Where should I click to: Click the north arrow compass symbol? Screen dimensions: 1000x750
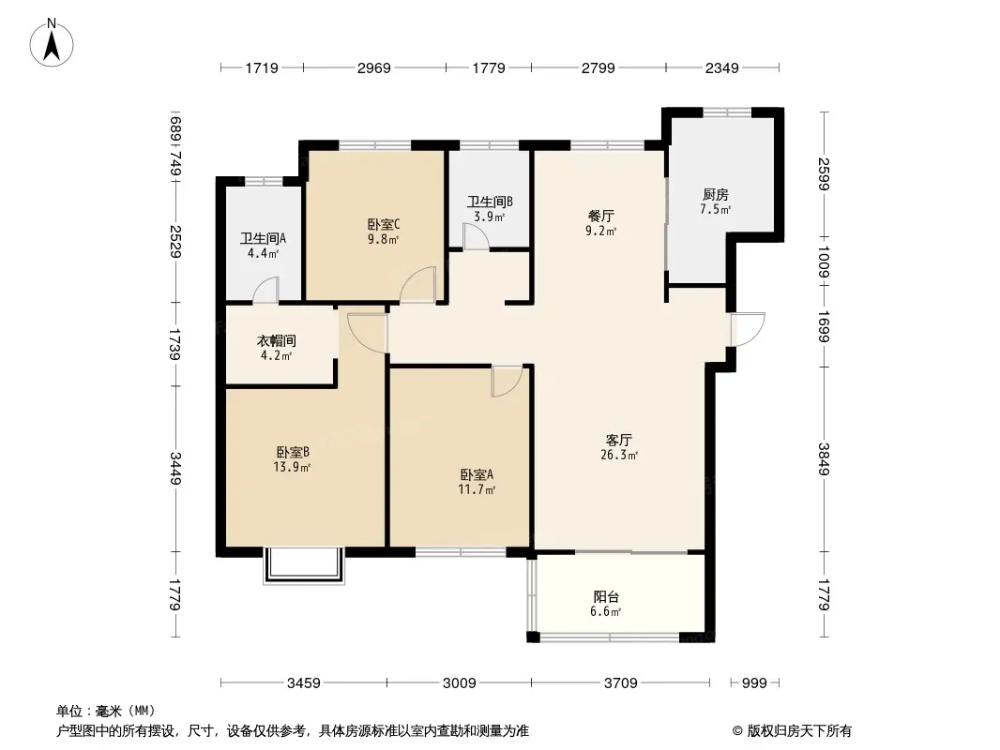point(52,43)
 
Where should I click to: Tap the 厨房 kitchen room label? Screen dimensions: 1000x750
point(716,194)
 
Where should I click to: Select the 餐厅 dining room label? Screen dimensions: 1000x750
point(600,216)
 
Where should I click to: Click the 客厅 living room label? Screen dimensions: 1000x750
point(618,440)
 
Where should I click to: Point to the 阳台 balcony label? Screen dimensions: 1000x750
point(606,597)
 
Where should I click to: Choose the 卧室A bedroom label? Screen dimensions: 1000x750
point(477,474)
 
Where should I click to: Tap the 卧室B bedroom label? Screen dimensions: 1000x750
point(293,453)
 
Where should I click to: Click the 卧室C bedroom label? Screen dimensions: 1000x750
point(384,224)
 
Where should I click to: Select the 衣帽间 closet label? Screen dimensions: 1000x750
point(276,341)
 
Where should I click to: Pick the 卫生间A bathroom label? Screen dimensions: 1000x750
point(263,238)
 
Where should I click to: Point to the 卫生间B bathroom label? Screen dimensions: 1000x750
point(490,202)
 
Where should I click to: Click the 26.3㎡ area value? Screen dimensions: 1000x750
point(618,455)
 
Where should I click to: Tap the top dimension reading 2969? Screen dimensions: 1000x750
point(373,67)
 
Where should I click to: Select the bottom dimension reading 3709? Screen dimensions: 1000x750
point(620,683)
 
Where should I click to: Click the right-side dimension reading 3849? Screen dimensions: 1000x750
point(824,458)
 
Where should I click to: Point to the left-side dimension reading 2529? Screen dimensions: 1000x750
point(175,242)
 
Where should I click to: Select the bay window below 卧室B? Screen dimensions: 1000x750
point(304,566)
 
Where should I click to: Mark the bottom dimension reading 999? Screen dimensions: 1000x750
point(754,683)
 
